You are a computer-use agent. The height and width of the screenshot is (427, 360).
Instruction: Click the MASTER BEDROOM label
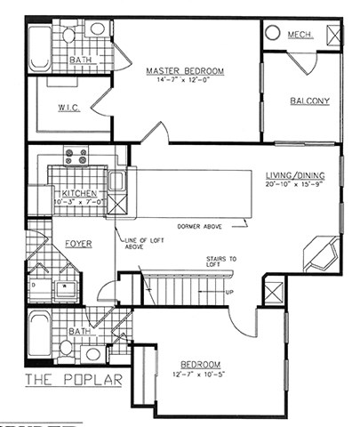point(185,70)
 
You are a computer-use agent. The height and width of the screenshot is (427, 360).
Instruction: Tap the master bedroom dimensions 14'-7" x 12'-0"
point(185,81)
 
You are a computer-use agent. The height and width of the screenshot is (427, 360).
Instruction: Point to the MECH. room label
point(298,35)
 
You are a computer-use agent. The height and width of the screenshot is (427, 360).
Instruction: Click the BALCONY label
point(309,101)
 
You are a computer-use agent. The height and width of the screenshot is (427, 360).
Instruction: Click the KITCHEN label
point(79,194)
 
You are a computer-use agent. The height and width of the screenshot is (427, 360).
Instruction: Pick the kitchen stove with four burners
point(76,157)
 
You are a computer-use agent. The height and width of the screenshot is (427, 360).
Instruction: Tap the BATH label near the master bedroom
point(81,60)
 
